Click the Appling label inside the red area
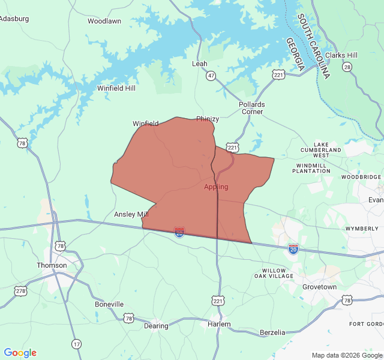(216, 187)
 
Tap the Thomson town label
(52, 265)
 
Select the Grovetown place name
(319, 287)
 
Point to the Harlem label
(219, 324)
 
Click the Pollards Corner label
(252, 108)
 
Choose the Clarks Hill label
(341, 55)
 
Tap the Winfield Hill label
(116, 88)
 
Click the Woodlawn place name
(104, 21)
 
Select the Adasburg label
(14, 19)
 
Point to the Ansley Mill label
(131, 214)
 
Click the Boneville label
(109, 304)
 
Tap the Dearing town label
(156, 326)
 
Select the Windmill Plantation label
(311, 168)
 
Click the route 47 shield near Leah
(211, 76)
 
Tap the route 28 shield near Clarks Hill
(347, 67)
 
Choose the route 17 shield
(76, 344)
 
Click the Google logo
(20, 353)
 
